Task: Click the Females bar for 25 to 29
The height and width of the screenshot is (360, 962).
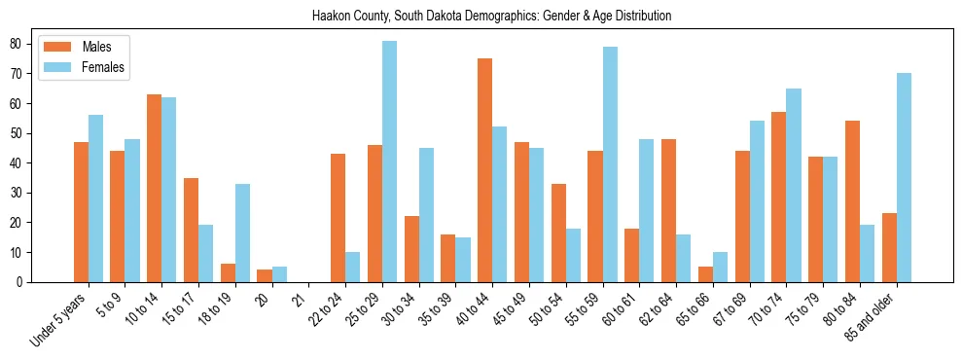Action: [x=389, y=162]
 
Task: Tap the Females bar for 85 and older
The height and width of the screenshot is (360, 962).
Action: [x=904, y=177]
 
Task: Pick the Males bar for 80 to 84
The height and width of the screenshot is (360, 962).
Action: [x=852, y=201]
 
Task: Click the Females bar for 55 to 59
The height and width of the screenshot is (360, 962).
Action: [x=610, y=164]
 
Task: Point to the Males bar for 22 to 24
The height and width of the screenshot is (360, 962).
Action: [x=338, y=218]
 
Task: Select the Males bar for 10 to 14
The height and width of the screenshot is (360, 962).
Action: [x=154, y=188]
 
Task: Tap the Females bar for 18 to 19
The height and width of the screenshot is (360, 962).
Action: [x=242, y=233]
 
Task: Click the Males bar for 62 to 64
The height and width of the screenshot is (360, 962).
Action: [x=668, y=210]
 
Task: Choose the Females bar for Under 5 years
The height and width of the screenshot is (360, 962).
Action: [x=95, y=198]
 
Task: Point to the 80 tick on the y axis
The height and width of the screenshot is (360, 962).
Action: [x=17, y=44]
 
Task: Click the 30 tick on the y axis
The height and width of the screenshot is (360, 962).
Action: [x=17, y=193]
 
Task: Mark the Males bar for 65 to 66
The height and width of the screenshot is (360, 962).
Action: [x=705, y=274]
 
